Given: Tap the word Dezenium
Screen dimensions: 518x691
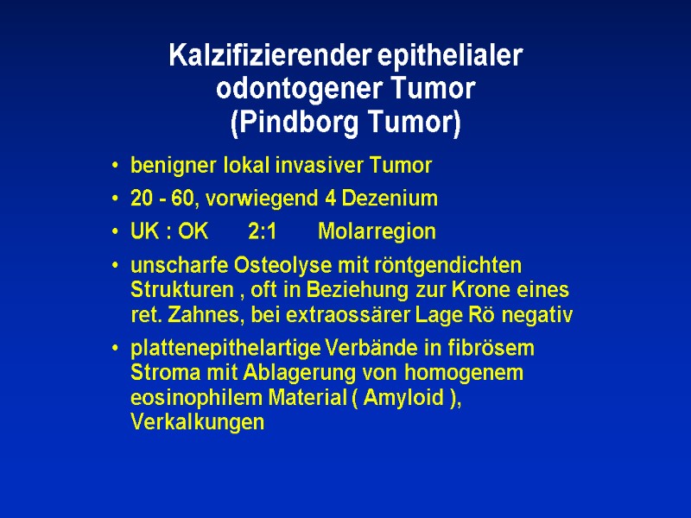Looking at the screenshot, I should coord(394,199).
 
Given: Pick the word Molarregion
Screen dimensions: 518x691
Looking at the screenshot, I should coord(377,232).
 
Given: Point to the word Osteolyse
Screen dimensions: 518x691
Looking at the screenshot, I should coord(248,264).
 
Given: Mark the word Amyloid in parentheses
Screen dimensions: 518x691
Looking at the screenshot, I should coord(408,398).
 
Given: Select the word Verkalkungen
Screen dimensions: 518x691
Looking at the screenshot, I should coord(197,423).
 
